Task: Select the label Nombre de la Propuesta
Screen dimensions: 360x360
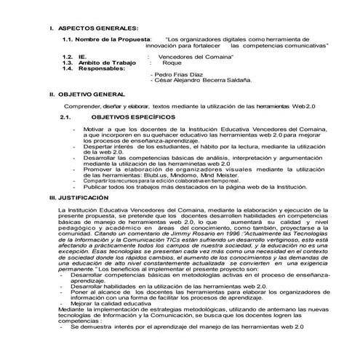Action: (113, 39)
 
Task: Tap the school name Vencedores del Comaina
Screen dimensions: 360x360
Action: (191, 55)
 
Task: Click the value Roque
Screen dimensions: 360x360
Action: (172, 62)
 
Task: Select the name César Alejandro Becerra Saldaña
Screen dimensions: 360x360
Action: (201, 81)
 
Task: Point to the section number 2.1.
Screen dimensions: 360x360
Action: (66, 116)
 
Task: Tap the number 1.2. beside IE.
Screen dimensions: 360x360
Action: (68, 55)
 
